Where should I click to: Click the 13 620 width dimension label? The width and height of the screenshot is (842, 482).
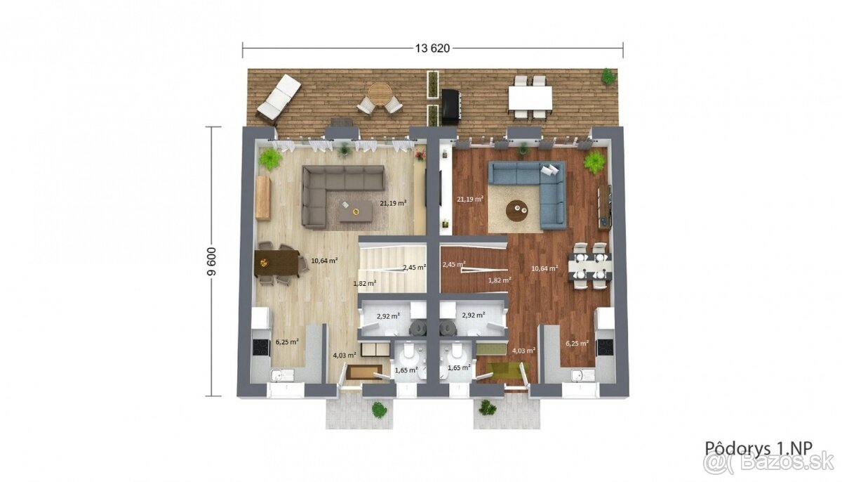coord(432,48)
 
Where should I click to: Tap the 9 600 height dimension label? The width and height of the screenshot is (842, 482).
coord(212,261)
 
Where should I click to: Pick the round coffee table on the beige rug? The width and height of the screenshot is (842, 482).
coord(517,210)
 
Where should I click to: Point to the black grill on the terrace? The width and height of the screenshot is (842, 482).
coord(450,107)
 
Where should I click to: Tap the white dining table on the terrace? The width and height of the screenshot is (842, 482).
coord(530,98)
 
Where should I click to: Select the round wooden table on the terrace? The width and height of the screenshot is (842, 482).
coord(380,94)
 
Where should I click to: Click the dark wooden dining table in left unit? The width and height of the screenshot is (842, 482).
coord(277,263)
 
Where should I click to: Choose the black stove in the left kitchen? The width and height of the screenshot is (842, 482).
coord(261,347)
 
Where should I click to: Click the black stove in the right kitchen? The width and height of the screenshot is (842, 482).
coord(605,347)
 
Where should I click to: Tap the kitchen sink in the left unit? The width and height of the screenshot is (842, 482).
coord(278,375)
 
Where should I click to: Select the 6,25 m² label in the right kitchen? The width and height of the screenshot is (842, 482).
coord(577,343)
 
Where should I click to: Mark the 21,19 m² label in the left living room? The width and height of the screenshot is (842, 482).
coord(393,203)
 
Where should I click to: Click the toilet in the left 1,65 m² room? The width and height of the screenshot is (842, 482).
coord(406,353)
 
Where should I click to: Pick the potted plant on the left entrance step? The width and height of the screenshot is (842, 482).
coord(379,410)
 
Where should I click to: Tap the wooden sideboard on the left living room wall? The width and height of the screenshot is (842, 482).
coord(263,198)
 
